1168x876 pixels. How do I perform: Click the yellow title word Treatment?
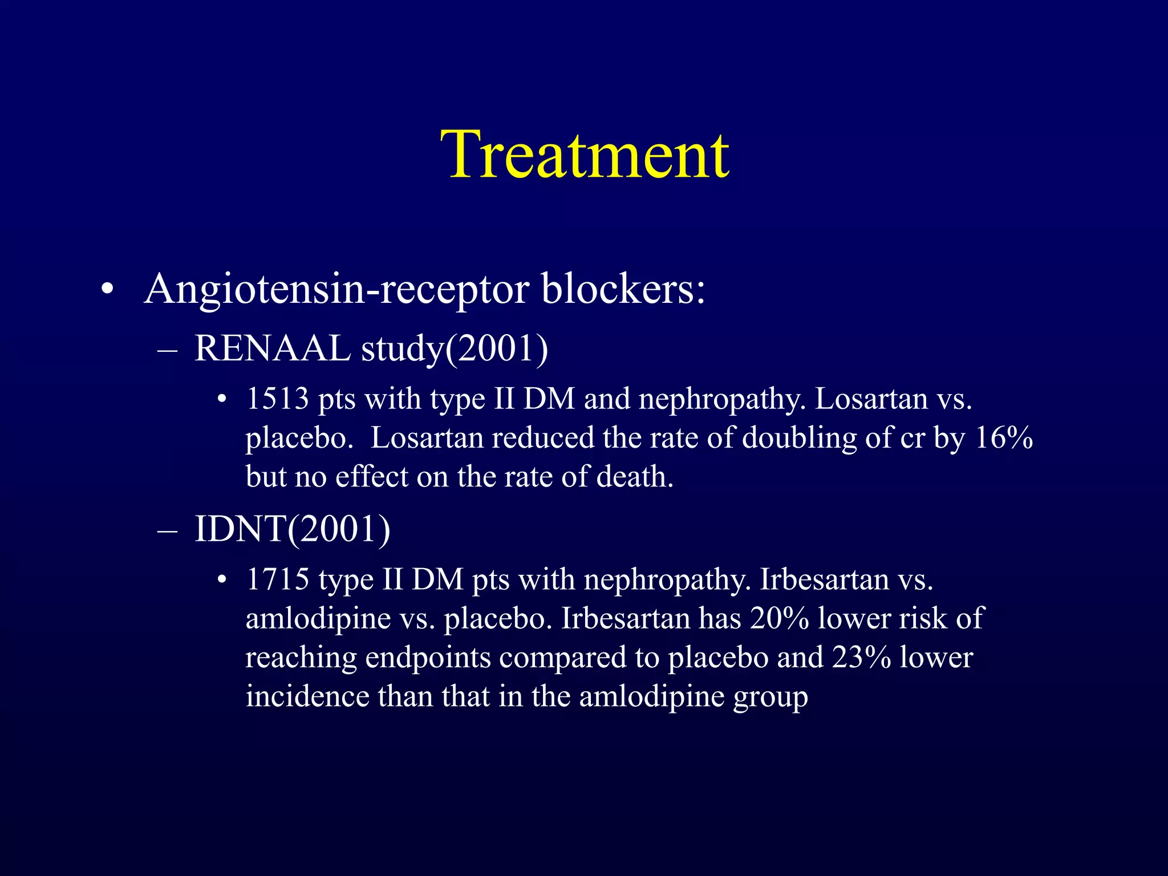pyautogui.click(x=585, y=155)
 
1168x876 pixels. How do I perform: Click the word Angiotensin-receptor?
pyautogui.click(x=336, y=289)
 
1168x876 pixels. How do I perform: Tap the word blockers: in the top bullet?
pyautogui.click(x=623, y=289)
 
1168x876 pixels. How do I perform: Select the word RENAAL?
pyautogui.click(x=272, y=348)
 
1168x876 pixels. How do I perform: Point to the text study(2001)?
pyautogui.click(x=455, y=348)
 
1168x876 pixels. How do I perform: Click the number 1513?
pyautogui.click(x=277, y=399)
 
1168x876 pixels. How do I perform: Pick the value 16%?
pyautogui.click(x=1004, y=437)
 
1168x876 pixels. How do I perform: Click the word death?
pyautogui.click(x=634, y=476)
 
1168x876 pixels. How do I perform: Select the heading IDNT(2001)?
pyautogui.click(x=293, y=529)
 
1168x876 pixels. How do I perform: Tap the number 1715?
pyautogui.click(x=277, y=579)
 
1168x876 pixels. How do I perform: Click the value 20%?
pyautogui.click(x=779, y=618)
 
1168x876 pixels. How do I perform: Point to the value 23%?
pyautogui.click(x=861, y=657)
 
